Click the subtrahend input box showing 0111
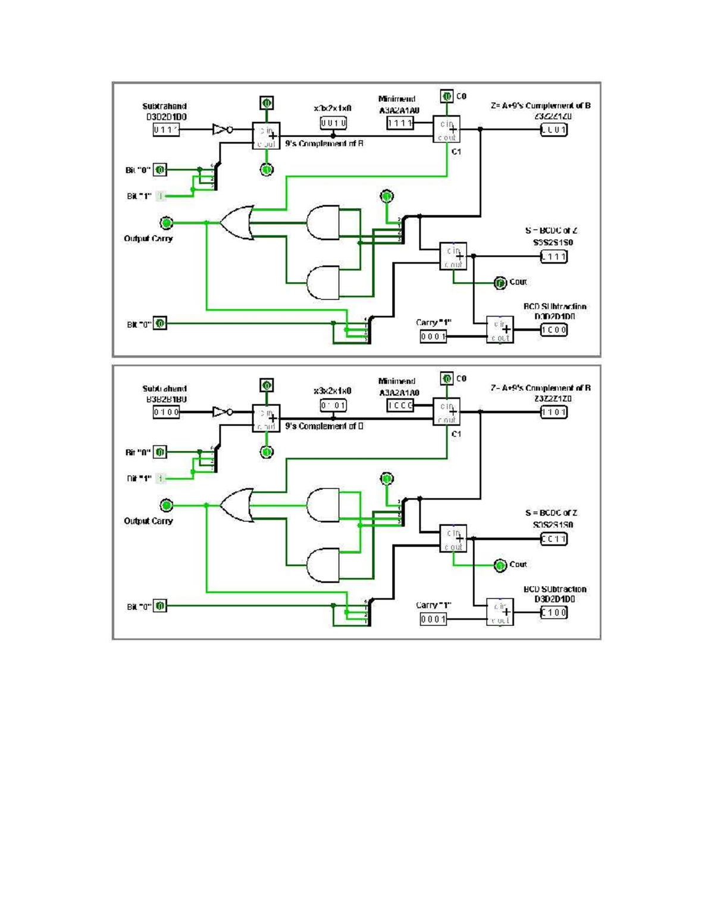pos(166,130)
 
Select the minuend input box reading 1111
pos(400,123)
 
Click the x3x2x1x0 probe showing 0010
pos(333,123)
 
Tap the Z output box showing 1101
pos(553,412)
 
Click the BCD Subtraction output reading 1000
pos(553,330)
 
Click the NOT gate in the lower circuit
pos(222,412)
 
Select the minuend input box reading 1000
pos(400,406)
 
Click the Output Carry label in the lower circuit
pos(148,521)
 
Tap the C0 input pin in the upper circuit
pos(447,96)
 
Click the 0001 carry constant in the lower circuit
pos(433,619)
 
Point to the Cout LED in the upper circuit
pos(500,283)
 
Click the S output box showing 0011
pos(553,539)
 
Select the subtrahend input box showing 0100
pos(166,412)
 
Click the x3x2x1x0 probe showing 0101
pos(333,406)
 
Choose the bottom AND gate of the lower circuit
pos(323,565)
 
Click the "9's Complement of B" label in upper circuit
pos(324,144)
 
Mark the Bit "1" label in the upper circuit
pos(139,196)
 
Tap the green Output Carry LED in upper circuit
pos(167,223)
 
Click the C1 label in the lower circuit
pos(456,434)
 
